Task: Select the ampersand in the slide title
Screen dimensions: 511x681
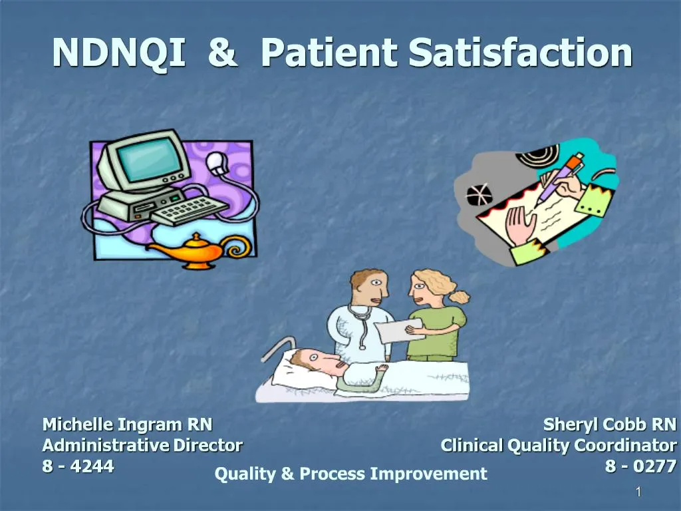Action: (x=221, y=53)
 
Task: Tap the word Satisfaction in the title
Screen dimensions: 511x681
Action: (x=520, y=53)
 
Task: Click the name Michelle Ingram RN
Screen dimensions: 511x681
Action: (x=127, y=425)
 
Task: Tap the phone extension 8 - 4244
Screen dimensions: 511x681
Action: (x=78, y=466)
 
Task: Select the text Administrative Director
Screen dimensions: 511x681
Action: (x=142, y=445)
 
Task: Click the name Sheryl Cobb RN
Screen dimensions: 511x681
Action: (x=609, y=425)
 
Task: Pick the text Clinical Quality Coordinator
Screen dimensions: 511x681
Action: (x=558, y=445)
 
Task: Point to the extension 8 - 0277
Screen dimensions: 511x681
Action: (x=640, y=466)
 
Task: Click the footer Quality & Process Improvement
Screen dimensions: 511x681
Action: (x=350, y=474)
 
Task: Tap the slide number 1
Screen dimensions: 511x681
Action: (x=638, y=492)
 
